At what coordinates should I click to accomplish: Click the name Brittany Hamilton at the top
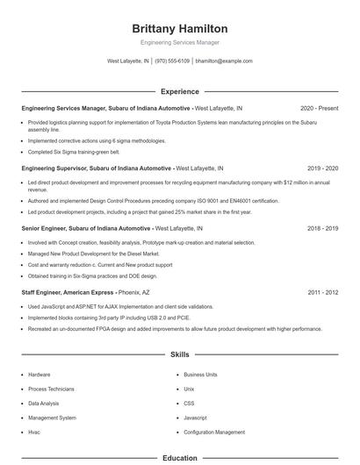pos(179,28)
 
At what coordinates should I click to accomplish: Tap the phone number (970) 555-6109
pos(173,61)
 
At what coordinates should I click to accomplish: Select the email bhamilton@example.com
pos(224,61)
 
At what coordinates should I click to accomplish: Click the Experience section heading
pos(179,91)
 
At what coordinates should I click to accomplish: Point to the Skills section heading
pos(179,355)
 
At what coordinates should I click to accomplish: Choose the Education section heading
pos(179,458)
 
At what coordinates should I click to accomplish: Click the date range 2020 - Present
pos(319,108)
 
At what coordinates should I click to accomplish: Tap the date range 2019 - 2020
pos(322,168)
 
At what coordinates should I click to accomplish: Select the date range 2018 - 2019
pos(322,227)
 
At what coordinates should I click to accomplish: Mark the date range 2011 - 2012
pos(322,291)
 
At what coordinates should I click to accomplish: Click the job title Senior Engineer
pos(47,227)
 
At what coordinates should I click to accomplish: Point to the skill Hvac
pos(33,433)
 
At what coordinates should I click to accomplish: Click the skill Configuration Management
pos(214,433)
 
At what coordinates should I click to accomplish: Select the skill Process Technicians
pos(50,389)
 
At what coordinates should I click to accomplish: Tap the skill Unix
pos(189,389)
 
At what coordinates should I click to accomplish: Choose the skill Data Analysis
pos(44,404)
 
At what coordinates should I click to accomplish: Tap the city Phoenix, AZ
pos(133,291)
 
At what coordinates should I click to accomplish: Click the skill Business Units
pos(200,374)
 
